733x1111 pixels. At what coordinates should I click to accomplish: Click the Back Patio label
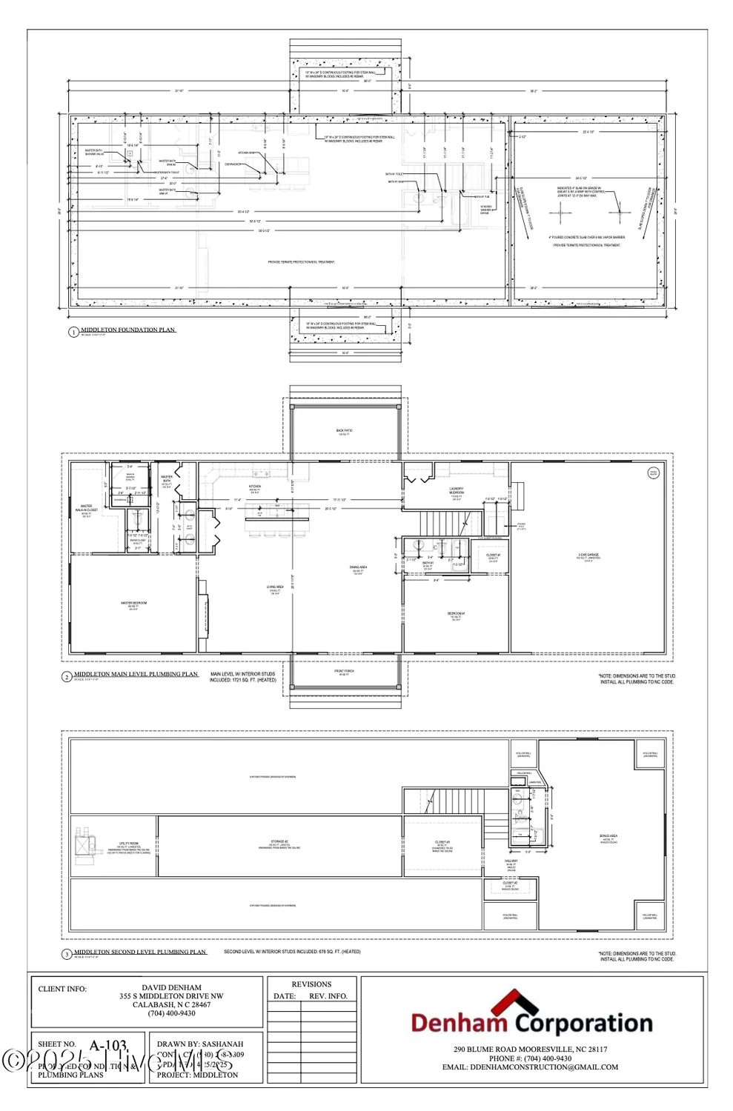[x=345, y=432]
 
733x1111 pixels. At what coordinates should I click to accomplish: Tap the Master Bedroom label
[x=133, y=605]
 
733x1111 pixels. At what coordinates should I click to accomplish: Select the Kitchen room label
[x=255, y=488]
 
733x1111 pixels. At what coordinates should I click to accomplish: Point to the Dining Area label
[x=358, y=570]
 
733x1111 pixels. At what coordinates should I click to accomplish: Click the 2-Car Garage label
[x=589, y=557]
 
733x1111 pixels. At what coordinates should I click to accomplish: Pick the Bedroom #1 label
[x=456, y=615]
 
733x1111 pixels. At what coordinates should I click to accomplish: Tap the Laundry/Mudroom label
[x=457, y=491]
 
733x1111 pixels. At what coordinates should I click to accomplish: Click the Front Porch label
[x=344, y=673]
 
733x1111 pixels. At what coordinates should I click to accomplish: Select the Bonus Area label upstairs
[x=608, y=838]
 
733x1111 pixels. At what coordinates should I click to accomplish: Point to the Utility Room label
[x=129, y=845]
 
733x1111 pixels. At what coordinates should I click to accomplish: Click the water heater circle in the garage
[x=653, y=473]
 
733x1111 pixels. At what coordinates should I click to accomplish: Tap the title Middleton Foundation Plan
[x=127, y=330]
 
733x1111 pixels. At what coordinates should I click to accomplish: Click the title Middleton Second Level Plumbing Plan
[x=140, y=952]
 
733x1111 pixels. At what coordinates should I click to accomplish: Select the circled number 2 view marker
[x=67, y=677]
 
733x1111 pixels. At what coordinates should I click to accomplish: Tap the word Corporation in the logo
[x=584, y=1024]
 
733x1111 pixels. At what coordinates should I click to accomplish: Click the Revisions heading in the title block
[x=311, y=984]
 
